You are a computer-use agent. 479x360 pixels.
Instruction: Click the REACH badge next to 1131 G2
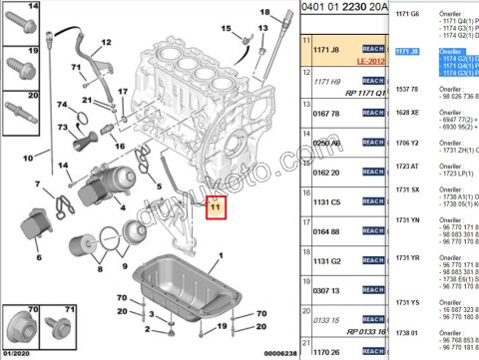click(374, 261)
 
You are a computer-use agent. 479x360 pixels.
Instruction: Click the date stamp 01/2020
click(16, 352)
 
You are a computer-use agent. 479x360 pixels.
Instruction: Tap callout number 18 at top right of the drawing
click(264, 13)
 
